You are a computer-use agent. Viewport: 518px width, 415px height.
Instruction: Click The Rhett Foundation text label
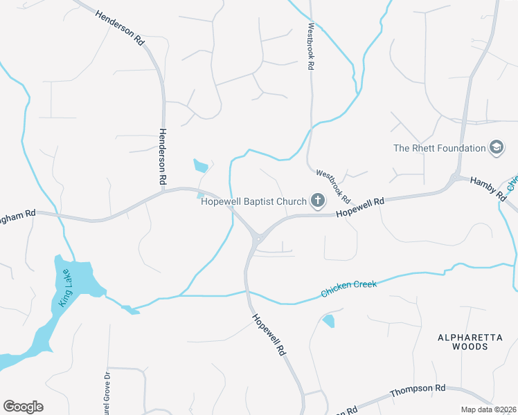click(x=440, y=148)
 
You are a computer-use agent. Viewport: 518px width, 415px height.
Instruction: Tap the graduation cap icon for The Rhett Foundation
click(x=496, y=147)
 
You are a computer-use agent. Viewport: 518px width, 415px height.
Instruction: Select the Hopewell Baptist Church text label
click(x=253, y=202)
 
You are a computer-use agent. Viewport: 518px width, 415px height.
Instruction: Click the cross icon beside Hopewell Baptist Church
click(x=318, y=201)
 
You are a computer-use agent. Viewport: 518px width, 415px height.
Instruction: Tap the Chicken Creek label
click(x=349, y=288)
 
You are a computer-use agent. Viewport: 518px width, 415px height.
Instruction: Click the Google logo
click(x=23, y=407)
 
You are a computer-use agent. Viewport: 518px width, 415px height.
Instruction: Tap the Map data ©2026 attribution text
click(x=489, y=409)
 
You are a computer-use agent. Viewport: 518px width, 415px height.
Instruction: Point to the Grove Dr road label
click(x=106, y=394)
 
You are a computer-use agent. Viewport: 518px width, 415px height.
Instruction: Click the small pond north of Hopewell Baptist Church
click(x=201, y=166)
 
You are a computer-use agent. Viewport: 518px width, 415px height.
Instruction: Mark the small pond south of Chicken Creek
click(x=328, y=320)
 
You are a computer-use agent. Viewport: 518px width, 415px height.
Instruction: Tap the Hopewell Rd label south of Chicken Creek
click(x=269, y=335)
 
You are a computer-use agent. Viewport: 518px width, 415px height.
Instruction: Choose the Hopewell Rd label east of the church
click(x=360, y=207)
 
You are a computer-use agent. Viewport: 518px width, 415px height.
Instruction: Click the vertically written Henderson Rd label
click(x=163, y=156)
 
